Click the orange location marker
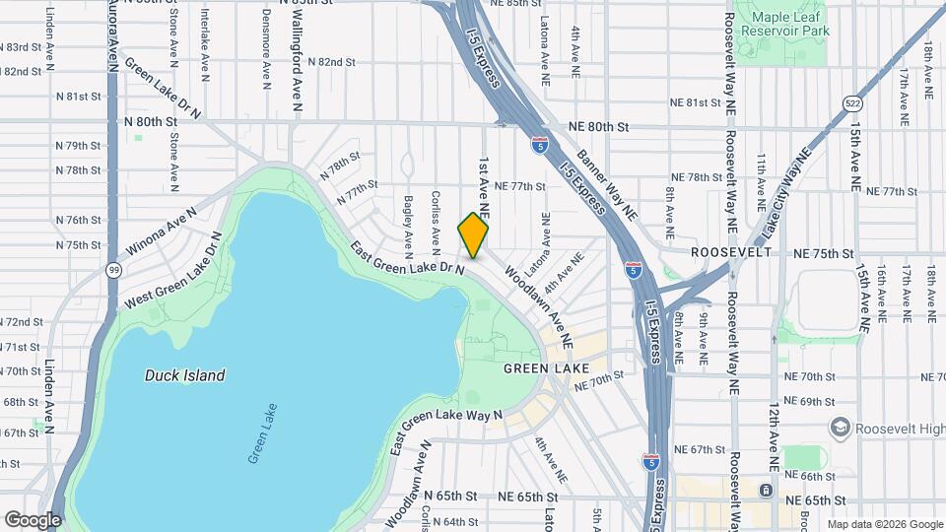pyautogui.click(x=473, y=234)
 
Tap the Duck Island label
pyautogui.click(x=184, y=375)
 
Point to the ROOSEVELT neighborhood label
pyautogui.click(x=730, y=252)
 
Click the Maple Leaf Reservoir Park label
pyautogui.click(x=791, y=25)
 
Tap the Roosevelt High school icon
pyautogui.click(x=841, y=427)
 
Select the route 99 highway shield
pyautogui.click(x=116, y=269)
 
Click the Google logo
pyautogui.click(x=33, y=519)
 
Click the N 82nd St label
pyautogui.click(x=330, y=61)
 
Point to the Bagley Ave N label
pyautogui.click(x=407, y=218)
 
